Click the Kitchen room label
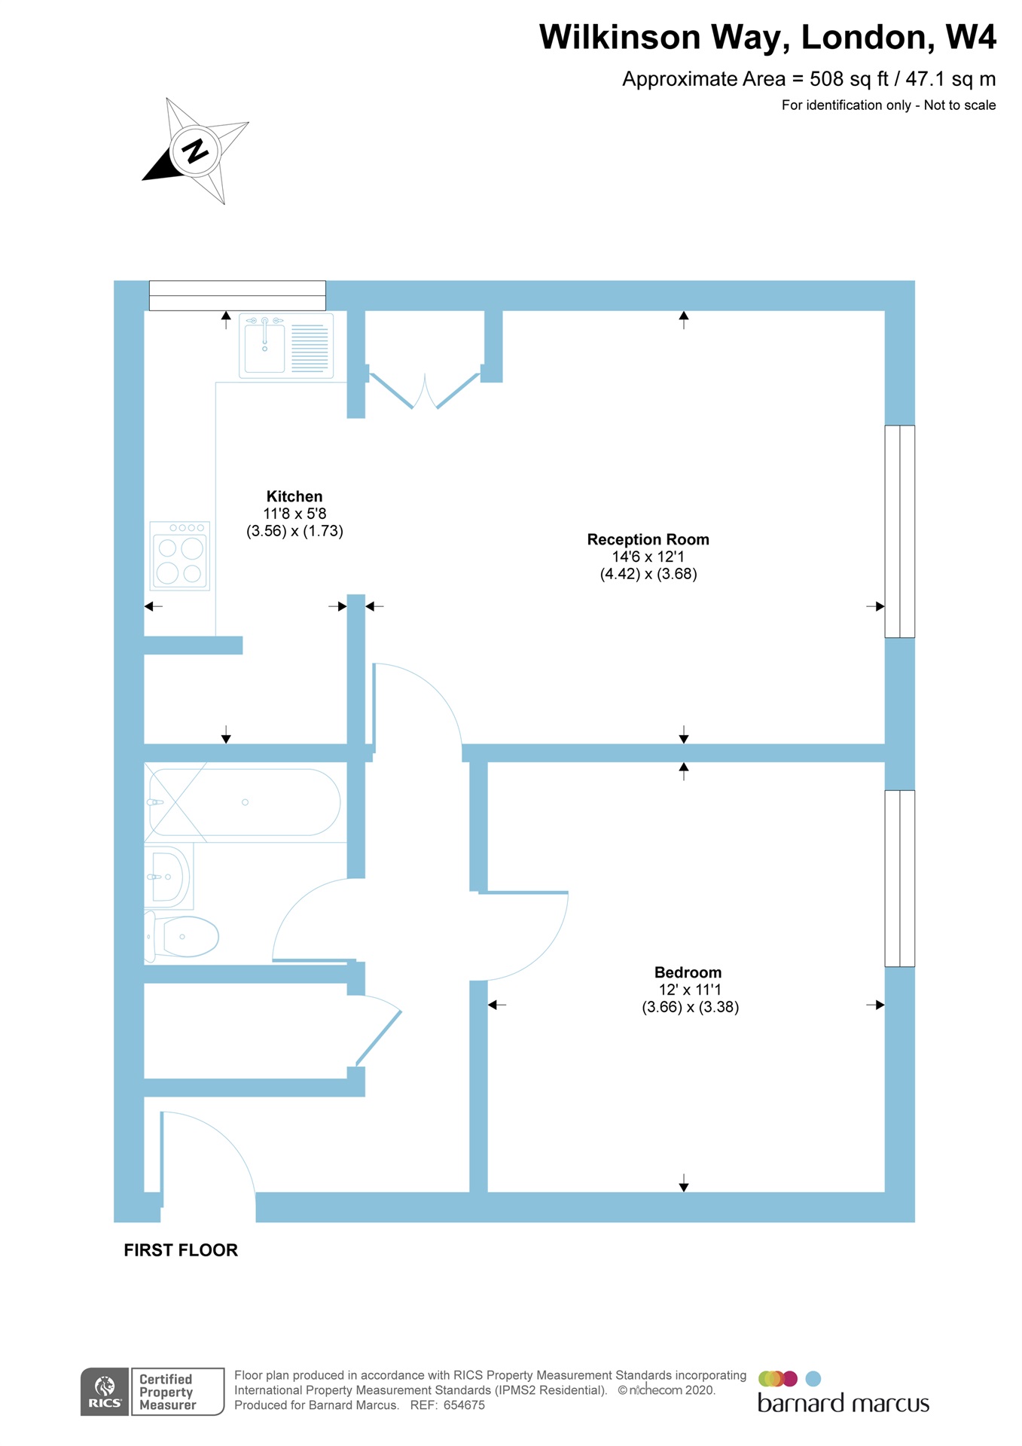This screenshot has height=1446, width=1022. pyautogui.click(x=294, y=496)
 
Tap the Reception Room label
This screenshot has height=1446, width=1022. pyautogui.click(x=648, y=539)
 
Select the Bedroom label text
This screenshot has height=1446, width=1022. pyautogui.click(x=688, y=972)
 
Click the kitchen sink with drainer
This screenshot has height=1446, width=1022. pyautogui.click(x=286, y=346)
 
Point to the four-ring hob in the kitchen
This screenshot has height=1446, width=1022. pyautogui.click(x=180, y=556)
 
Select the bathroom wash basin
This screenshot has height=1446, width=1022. pyautogui.click(x=170, y=877)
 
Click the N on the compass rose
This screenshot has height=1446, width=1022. pyautogui.click(x=196, y=151)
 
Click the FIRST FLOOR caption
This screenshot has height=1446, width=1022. pyautogui.click(x=181, y=1250)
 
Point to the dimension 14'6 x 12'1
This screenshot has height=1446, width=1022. pyautogui.click(x=648, y=557)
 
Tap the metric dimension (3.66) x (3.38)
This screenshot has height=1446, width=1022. pyautogui.click(x=690, y=1007)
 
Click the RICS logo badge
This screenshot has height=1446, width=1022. pyautogui.click(x=105, y=1391)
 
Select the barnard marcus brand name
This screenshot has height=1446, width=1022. pyautogui.click(x=843, y=1403)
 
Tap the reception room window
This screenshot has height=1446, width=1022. pyautogui.click(x=899, y=531)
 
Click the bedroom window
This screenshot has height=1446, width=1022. pyautogui.click(x=899, y=878)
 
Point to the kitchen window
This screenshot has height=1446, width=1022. pyautogui.click(x=237, y=295)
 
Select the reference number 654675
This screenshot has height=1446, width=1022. pyautogui.click(x=464, y=1405)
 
